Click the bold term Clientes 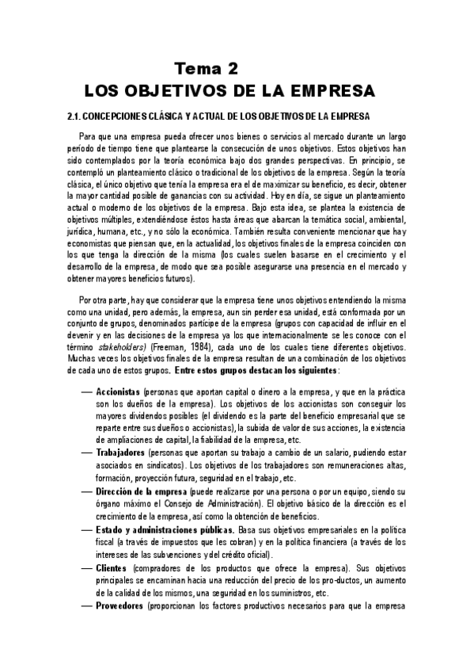[x=112, y=568]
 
